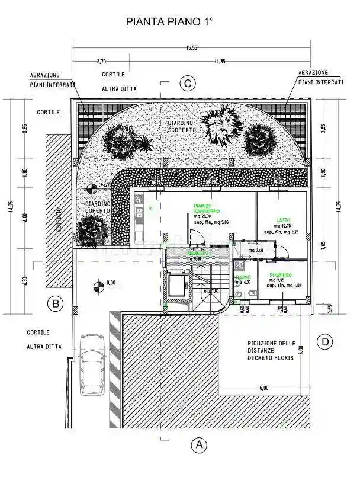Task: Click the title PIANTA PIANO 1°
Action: click(x=169, y=21)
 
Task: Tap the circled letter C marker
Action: click(x=188, y=84)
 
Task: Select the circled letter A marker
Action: click(x=199, y=444)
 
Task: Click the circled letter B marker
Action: click(x=55, y=305)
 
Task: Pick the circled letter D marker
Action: click(x=324, y=342)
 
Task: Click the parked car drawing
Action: click(x=92, y=366)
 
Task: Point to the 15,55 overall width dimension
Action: click(x=191, y=47)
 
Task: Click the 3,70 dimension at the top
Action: click(x=101, y=60)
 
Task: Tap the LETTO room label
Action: click(x=282, y=219)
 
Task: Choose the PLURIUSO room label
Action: click(x=278, y=275)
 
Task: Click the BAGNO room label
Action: click(x=243, y=277)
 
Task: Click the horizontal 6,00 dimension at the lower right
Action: click(x=263, y=388)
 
